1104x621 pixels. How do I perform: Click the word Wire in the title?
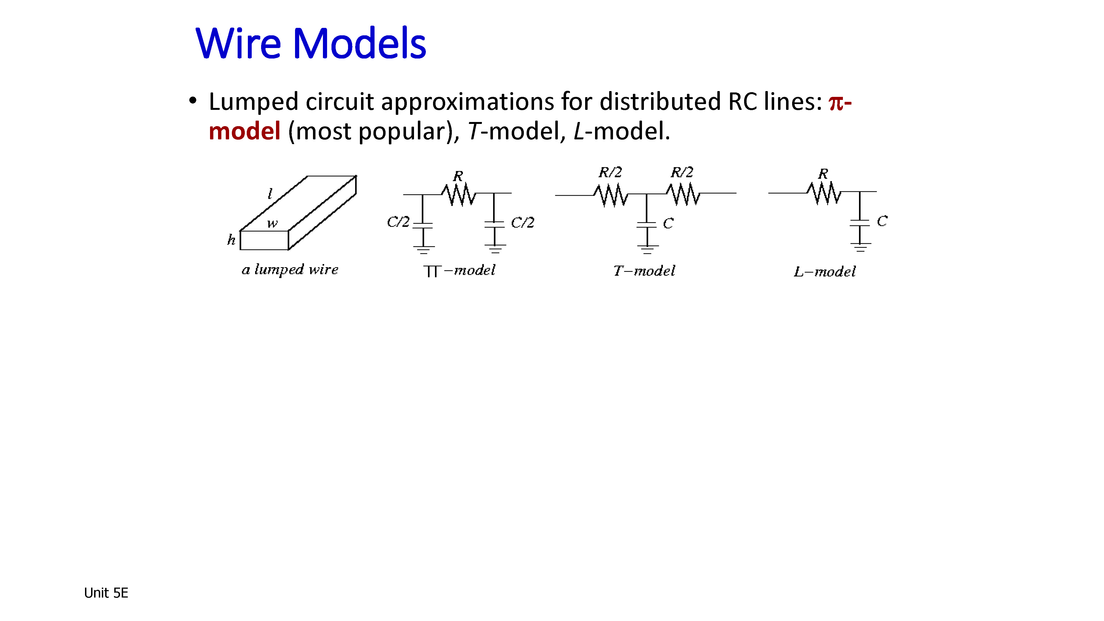[238, 43]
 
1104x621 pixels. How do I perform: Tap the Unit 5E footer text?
[106, 593]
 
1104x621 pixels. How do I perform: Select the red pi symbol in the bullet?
[836, 103]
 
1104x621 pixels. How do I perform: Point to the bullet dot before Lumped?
[193, 101]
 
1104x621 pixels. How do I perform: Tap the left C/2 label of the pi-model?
[398, 222]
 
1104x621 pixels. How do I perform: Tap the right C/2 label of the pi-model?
[522, 222]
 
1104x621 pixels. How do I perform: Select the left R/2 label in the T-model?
[610, 172]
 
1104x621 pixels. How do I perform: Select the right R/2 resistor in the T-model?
[683, 195]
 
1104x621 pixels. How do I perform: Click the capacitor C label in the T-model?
[668, 223]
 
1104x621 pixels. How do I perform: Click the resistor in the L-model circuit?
[824, 193]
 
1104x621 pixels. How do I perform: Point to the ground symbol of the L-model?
[860, 247]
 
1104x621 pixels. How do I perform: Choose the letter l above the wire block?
[270, 194]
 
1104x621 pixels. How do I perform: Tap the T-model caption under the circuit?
[644, 271]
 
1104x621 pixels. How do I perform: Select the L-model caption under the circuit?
[825, 272]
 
